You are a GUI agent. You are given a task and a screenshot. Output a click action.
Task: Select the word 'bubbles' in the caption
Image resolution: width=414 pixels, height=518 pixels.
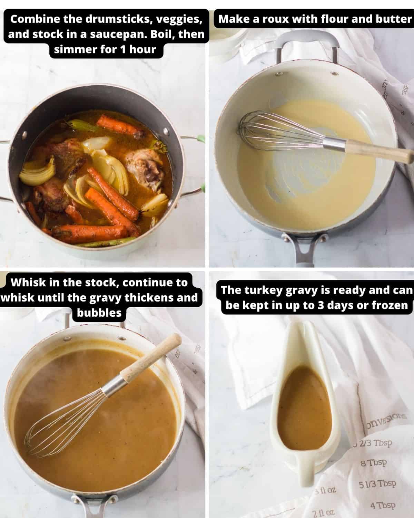(99, 313)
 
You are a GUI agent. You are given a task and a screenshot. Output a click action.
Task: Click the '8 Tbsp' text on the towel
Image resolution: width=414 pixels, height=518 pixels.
(374, 463)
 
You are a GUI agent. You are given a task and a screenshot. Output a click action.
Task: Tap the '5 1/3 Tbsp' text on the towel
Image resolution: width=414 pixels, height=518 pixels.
(377, 484)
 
